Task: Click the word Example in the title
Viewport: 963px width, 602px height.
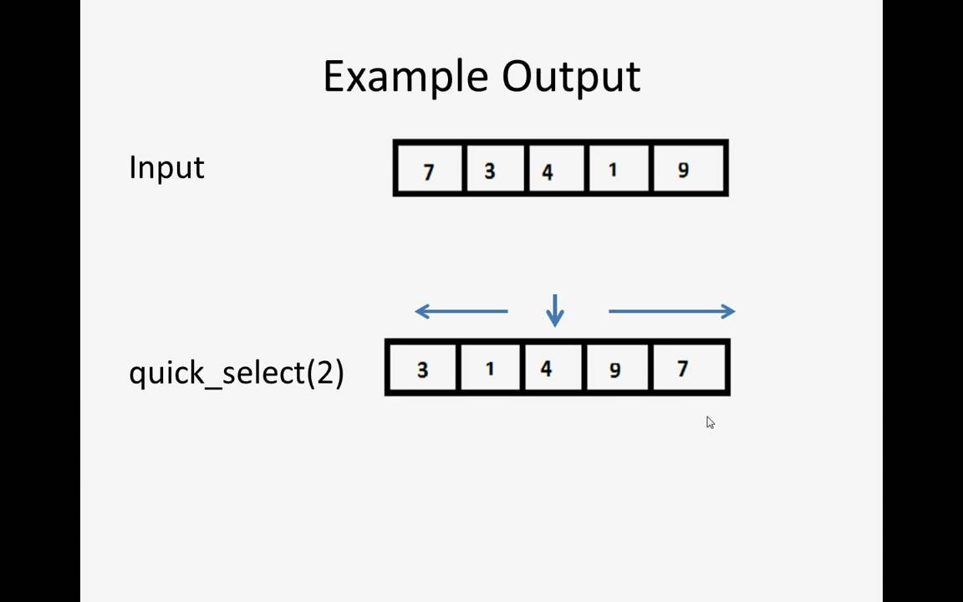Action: pos(406,77)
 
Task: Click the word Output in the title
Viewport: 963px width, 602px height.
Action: pos(571,77)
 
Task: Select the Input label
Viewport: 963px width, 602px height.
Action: pos(166,167)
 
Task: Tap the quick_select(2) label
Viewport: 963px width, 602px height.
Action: pos(237,372)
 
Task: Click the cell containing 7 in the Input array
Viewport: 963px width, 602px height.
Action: pos(429,169)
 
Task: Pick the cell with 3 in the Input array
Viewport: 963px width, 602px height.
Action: pos(494,169)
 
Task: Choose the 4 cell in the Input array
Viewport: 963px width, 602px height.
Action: pos(558,169)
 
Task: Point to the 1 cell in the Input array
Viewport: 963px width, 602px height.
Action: pos(619,169)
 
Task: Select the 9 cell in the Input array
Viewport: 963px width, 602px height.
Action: pos(688,169)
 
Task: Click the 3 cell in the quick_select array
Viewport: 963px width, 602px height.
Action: pos(422,368)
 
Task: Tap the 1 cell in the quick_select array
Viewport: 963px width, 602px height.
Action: pos(490,368)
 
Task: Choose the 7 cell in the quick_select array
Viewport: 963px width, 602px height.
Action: pos(688,368)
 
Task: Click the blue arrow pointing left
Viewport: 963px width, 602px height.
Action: pos(461,312)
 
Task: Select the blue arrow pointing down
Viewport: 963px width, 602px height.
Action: pos(555,310)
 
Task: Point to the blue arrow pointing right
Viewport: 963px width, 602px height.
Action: pos(671,312)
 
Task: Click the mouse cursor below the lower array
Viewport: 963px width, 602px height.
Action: pos(710,422)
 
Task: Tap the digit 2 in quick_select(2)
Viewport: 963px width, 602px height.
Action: pos(323,372)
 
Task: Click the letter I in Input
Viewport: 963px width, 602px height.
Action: pos(133,166)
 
